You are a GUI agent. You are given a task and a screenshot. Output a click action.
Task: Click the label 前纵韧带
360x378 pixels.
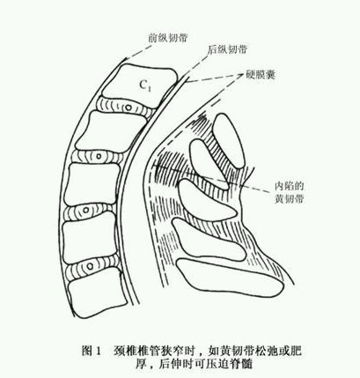(x=167, y=38)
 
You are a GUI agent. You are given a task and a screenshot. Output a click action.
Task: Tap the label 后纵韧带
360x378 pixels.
(x=227, y=49)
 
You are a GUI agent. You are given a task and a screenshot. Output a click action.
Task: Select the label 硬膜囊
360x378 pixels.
(x=261, y=75)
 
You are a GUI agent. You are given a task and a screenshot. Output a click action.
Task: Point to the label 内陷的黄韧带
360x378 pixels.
(x=289, y=192)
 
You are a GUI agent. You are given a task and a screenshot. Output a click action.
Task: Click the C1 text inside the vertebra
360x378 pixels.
(x=145, y=85)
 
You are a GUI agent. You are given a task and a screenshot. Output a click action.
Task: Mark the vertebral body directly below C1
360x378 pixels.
(x=111, y=131)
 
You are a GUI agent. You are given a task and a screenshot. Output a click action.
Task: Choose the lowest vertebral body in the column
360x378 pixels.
(x=98, y=295)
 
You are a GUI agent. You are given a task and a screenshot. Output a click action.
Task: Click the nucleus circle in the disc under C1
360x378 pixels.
(x=128, y=107)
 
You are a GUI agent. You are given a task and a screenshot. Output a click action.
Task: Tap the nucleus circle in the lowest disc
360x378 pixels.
(x=91, y=266)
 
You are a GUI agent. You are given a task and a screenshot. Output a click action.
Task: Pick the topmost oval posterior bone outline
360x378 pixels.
(x=228, y=141)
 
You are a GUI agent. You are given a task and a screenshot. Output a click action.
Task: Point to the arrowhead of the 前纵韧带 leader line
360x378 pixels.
(x=127, y=59)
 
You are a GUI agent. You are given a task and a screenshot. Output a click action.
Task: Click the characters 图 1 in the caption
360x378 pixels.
(x=92, y=351)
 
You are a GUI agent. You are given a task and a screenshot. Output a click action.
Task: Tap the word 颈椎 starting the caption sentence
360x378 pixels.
(x=123, y=351)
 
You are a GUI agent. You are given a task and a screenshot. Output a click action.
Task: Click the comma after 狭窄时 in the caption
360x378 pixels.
(x=200, y=353)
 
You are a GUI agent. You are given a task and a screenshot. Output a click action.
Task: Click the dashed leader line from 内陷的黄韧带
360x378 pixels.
(x=213, y=179)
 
